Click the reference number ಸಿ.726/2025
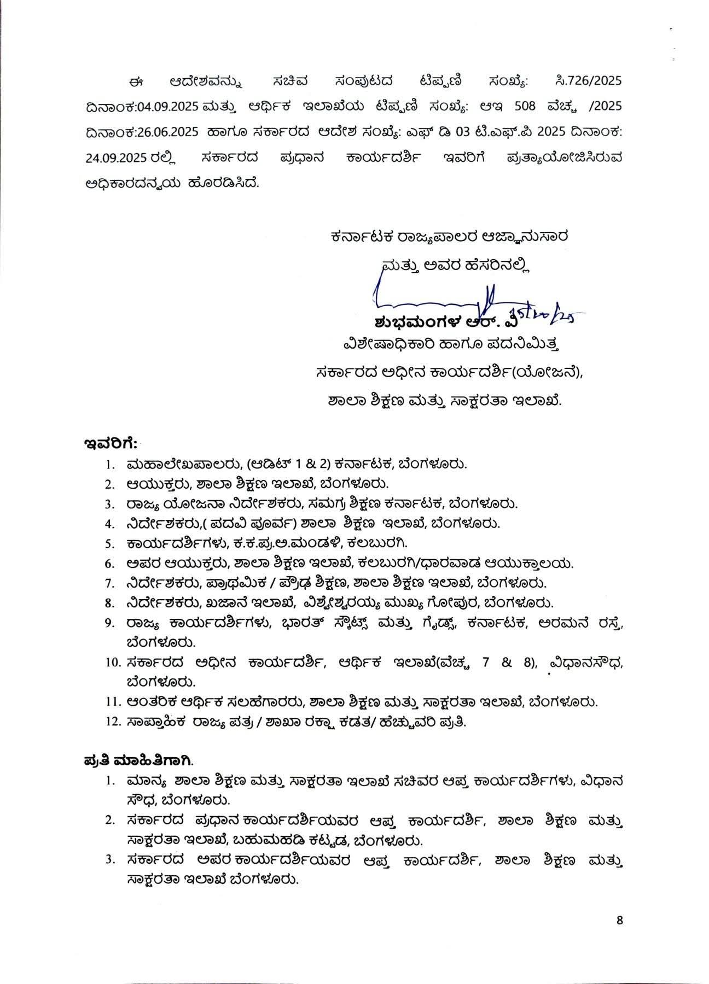588,81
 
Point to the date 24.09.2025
115,158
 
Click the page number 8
619,920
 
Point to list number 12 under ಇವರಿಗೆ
113,722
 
